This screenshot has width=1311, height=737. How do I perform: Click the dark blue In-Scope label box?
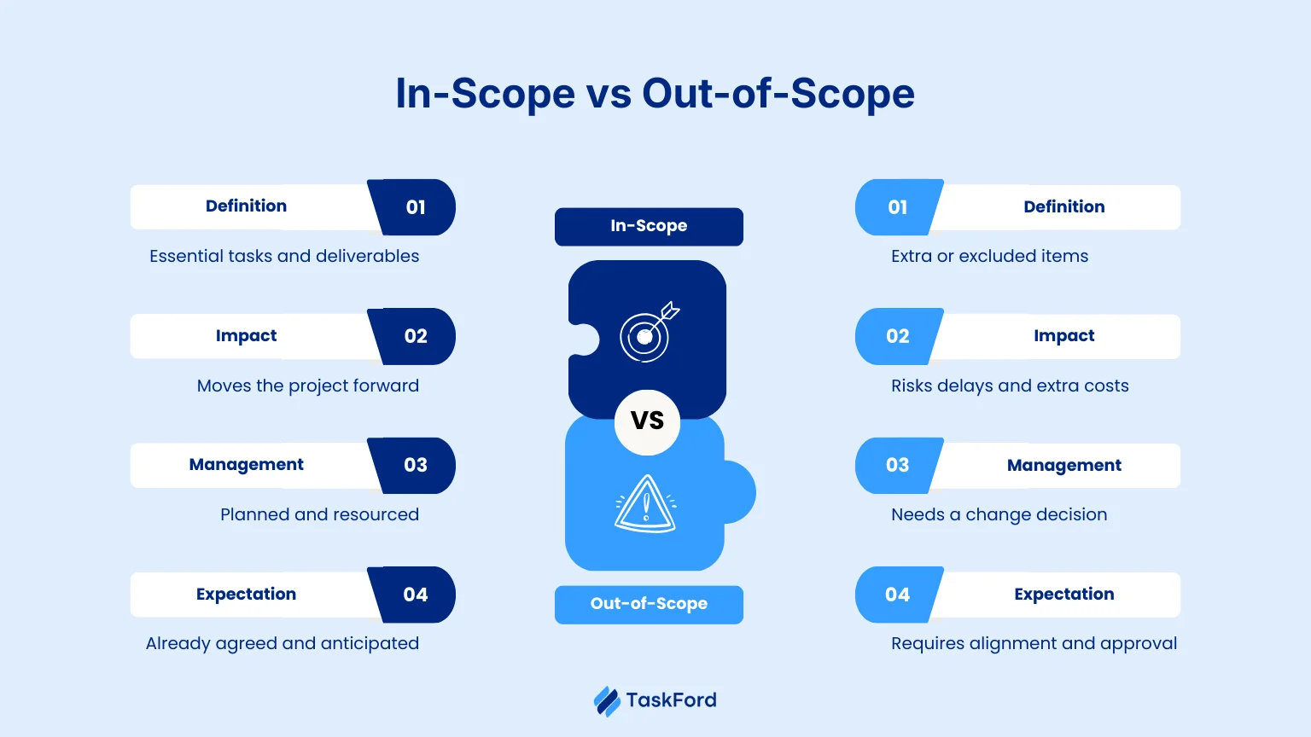coord(649,226)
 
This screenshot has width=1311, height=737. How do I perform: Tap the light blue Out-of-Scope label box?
coord(649,604)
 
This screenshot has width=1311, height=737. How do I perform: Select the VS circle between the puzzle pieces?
coord(647,421)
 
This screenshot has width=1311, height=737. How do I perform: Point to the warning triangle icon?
coord(646,504)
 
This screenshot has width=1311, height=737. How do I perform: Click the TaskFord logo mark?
coord(607,701)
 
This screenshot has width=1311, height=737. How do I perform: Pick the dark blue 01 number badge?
coord(416,207)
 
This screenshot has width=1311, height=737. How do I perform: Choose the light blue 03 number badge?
coord(898,465)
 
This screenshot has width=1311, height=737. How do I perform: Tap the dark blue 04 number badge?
coord(416,595)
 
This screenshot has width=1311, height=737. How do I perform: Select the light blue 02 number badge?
coord(898,336)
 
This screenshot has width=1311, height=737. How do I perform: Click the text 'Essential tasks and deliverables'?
coord(284,256)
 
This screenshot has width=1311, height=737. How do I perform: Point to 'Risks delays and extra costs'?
coord(1010,386)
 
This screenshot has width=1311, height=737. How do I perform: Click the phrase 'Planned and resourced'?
coord(319,514)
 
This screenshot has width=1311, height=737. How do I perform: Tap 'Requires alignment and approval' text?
coord(1034,643)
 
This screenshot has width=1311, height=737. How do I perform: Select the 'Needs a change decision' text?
coord(999,514)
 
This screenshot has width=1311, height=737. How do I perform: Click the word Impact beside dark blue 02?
coord(246,336)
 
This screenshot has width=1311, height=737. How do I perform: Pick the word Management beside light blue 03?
coord(1063,465)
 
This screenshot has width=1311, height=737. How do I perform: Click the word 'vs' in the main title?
coord(609,94)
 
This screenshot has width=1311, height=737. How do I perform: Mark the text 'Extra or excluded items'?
coord(989,256)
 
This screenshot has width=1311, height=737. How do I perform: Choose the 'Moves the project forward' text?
coord(307,386)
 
